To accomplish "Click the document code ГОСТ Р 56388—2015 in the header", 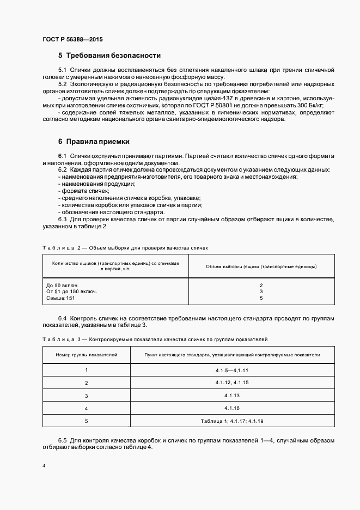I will click(x=72, y=40).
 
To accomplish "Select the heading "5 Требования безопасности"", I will click(x=109, y=56).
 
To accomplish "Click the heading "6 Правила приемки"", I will click(x=94, y=142).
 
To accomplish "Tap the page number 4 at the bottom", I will click(x=44, y=466).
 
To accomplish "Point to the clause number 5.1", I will click(x=62, y=70).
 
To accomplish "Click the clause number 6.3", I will click(x=62, y=220).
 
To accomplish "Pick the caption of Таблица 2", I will click(x=125, y=248).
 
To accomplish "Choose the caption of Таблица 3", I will click(x=155, y=339).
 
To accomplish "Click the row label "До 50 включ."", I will click(x=63, y=285).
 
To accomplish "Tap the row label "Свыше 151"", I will click(x=61, y=298).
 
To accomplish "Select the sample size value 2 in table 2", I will click(x=261, y=285).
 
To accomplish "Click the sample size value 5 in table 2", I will click(x=261, y=298).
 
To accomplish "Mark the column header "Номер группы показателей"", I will click(x=87, y=355).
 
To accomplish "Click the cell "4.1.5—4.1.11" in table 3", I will click(x=232, y=370).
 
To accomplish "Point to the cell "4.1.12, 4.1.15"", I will click(x=232, y=382).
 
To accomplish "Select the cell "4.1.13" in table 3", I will click(x=232, y=395).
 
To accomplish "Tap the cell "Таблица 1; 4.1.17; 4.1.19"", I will click(x=232, y=421).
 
